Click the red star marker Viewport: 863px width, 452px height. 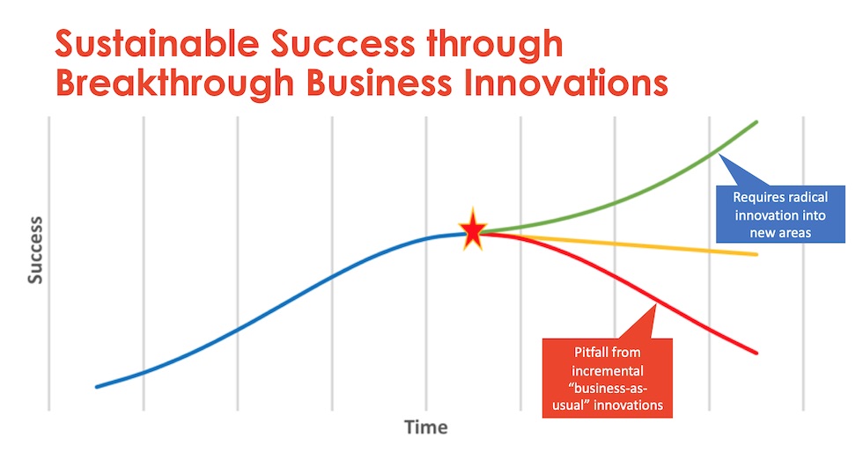click(473, 230)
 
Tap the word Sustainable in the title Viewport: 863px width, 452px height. click(157, 43)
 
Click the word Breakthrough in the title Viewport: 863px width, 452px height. click(175, 84)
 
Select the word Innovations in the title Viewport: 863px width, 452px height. click(565, 83)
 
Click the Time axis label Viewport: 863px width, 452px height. click(426, 427)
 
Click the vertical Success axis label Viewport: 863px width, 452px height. click(35, 251)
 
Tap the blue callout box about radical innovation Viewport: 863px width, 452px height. click(780, 214)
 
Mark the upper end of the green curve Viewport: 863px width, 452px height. click(756, 122)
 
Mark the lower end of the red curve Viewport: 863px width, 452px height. click(756, 353)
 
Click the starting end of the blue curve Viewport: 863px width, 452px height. click(97, 387)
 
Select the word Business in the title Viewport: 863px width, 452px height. click(380, 83)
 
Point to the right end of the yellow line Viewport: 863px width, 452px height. click(756, 255)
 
